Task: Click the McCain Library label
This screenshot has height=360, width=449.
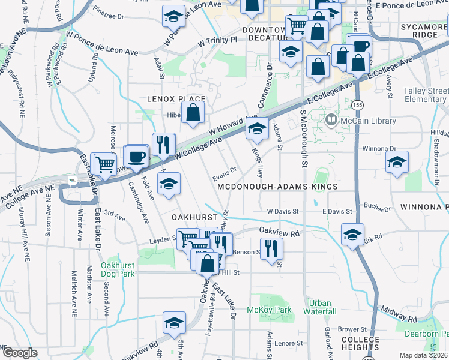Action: click(367, 121)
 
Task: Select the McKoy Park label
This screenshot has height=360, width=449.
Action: click(269, 310)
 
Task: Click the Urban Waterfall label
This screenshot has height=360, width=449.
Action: click(320, 307)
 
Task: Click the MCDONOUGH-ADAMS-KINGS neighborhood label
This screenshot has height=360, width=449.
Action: click(277, 187)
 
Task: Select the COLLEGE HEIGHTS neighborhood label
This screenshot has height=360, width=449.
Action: click(360, 344)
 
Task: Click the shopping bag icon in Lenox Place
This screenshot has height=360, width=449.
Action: click(193, 113)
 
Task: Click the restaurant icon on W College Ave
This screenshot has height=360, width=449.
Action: click(163, 144)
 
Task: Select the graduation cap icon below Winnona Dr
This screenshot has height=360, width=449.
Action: click(397, 162)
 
